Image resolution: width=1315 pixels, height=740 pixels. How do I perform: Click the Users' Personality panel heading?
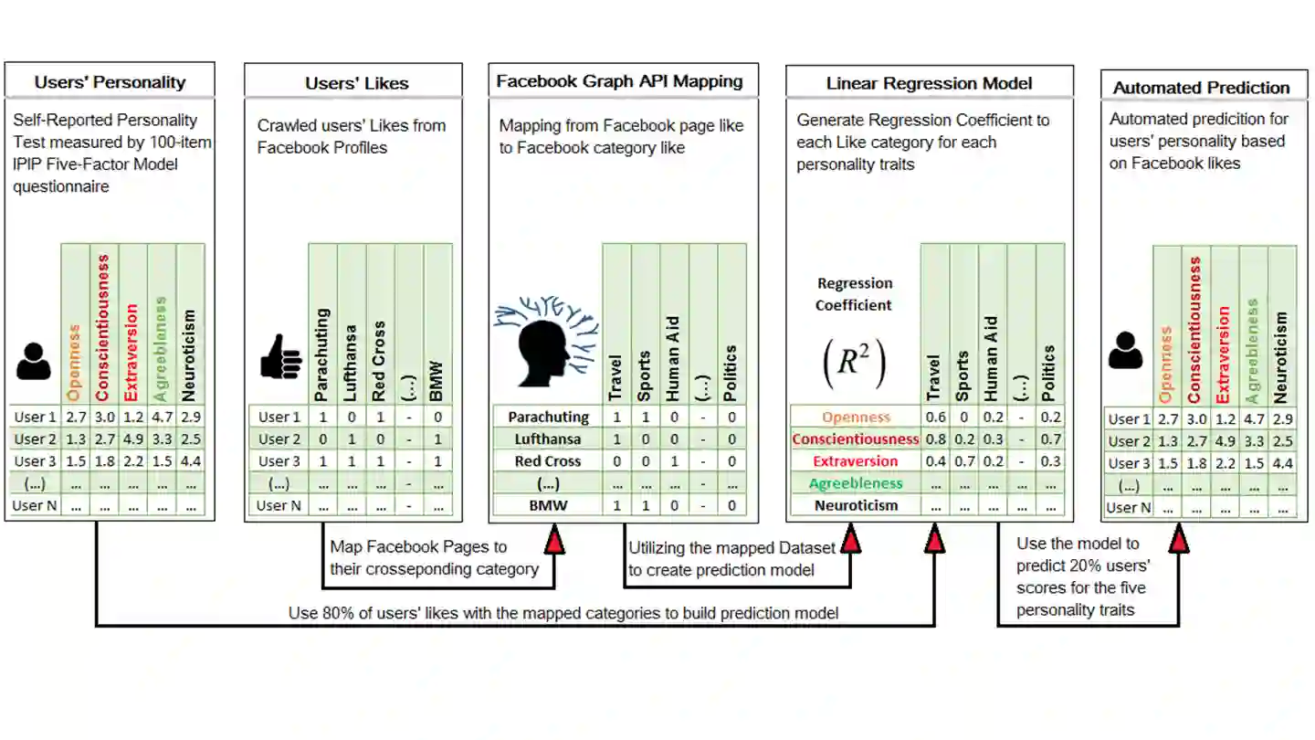point(110,82)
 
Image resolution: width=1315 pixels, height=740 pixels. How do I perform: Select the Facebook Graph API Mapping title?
point(619,81)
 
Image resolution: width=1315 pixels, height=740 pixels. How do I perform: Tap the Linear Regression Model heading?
point(929,83)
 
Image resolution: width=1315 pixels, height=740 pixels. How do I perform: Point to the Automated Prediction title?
point(1201,88)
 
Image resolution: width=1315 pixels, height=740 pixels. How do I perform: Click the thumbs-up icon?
point(280,357)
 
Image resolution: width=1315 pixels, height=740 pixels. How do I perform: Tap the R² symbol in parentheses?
point(854,363)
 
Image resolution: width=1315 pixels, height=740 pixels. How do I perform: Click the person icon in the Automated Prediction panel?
point(1125,351)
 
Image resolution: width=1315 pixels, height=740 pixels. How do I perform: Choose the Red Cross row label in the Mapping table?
point(548,461)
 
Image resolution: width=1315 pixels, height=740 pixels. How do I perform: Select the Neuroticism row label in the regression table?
point(856,505)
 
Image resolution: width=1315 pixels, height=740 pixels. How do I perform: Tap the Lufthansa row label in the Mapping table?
point(548,439)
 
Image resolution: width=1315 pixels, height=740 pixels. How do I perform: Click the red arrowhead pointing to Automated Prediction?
point(1179,541)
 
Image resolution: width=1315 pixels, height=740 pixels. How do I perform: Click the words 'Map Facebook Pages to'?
point(418,547)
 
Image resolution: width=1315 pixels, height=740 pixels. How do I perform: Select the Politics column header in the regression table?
point(1050,374)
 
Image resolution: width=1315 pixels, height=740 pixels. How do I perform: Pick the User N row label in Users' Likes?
point(279,505)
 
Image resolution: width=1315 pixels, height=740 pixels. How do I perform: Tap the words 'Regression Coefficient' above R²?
point(854,294)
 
